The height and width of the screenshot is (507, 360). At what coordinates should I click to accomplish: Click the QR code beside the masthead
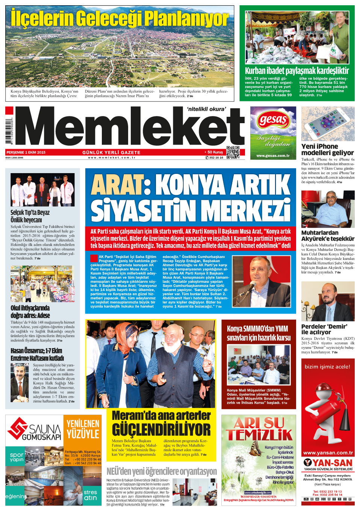pos(233,152)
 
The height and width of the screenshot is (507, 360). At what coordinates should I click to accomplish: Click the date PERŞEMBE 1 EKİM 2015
pos(26,152)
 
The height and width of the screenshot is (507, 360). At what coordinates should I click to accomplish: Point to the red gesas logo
pos(273,121)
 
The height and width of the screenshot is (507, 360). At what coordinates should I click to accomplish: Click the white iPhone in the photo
pos(327,124)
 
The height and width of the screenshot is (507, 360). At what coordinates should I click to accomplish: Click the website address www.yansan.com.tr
pos(328,453)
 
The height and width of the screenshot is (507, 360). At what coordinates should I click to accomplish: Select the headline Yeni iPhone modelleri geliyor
pos(327,149)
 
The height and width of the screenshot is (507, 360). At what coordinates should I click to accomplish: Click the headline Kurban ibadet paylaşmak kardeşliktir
pos(297,71)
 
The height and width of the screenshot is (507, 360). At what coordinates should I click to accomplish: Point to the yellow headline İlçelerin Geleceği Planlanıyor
pos(120,19)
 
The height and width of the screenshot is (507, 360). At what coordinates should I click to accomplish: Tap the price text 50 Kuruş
pos(215,152)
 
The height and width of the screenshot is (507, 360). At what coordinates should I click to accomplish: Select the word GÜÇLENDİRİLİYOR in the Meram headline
pos(161,430)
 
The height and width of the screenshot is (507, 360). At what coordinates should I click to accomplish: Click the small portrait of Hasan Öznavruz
pos(20,382)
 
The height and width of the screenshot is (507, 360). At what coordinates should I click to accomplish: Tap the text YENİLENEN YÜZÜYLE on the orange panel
pos(83,429)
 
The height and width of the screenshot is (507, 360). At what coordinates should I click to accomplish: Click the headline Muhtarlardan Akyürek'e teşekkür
pos(328,235)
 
